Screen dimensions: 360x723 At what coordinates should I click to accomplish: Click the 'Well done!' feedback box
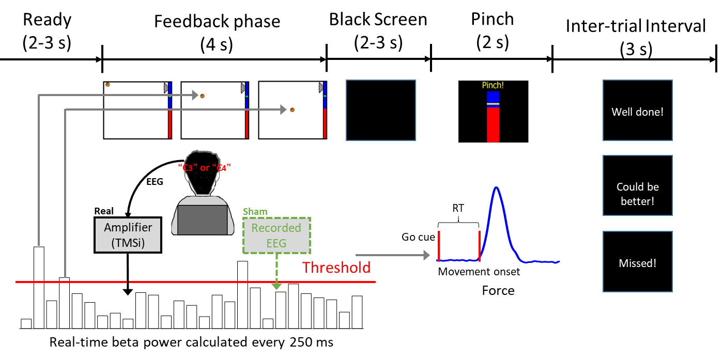tap(637, 112)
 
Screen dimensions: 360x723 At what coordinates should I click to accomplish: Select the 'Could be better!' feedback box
tap(637, 193)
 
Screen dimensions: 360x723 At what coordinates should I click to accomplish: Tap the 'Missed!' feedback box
tap(637, 263)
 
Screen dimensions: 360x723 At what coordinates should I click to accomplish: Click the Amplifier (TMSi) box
tap(128, 235)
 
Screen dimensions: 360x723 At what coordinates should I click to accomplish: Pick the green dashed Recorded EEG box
tap(276, 235)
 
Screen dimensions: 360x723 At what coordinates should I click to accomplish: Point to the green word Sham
tap(255, 212)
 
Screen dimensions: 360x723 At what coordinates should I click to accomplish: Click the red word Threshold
tap(336, 268)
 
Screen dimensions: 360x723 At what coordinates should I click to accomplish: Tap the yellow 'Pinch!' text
tap(493, 85)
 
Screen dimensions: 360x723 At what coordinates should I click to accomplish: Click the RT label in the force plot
tap(458, 208)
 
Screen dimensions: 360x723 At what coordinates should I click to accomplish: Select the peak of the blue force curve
tap(497, 188)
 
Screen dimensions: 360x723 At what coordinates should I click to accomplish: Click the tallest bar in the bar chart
tap(39, 287)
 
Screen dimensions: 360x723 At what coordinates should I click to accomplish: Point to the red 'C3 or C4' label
tap(204, 168)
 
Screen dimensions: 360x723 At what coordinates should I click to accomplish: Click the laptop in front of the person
tap(203, 220)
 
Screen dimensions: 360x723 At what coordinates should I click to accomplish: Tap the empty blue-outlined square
tap(380, 110)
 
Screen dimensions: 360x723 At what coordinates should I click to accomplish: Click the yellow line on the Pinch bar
tap(493, 104)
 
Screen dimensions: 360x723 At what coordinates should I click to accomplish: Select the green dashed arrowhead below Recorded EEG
tap(276, 286)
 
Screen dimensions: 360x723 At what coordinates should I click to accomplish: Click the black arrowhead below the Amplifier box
tap(128, 292)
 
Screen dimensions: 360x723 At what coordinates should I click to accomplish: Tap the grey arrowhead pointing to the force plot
tap(426, 255)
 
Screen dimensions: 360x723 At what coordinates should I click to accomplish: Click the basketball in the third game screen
tap(292, 109)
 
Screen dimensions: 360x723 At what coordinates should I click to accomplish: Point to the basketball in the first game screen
tap(107, 85)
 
